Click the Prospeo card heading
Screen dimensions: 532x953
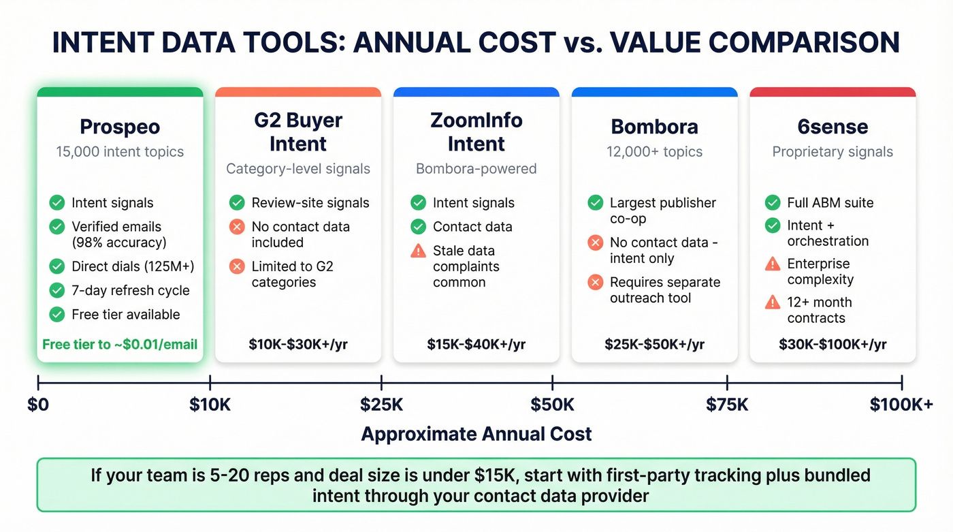120,127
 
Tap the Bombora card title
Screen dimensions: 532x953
654,127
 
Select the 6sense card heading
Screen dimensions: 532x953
833,127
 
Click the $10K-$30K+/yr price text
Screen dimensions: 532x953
298,344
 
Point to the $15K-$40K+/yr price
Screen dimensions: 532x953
476,344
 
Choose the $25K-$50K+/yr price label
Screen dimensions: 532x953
654,344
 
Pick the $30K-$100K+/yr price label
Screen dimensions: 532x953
833,344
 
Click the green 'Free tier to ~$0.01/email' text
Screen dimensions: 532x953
120,344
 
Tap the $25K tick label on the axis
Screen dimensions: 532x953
381,405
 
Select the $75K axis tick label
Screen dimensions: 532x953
727,405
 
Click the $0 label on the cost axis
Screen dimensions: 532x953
38,405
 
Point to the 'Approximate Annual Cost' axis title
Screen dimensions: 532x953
476,434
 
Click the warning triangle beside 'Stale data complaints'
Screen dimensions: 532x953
418,251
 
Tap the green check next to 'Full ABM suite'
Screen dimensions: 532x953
773,202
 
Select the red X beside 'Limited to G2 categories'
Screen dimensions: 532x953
237,266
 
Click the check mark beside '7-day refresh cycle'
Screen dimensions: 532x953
57,290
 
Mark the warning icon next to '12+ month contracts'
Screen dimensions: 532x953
773,302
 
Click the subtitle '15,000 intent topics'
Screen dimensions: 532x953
120,151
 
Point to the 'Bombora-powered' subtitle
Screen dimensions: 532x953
476,168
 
